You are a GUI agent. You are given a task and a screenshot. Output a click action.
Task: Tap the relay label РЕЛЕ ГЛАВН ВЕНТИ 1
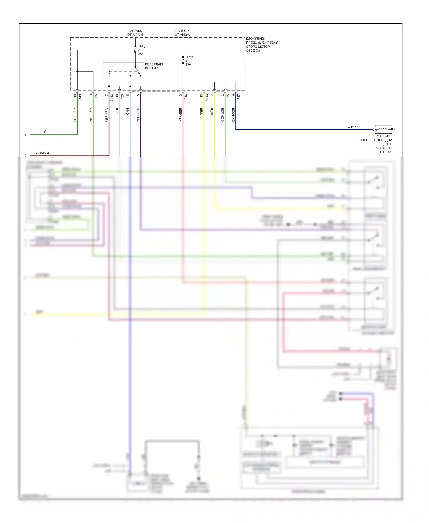pyautogui.click(x=154, y=66)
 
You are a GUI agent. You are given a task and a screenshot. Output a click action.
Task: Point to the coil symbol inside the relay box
pyautogui.click(x=109, y=71)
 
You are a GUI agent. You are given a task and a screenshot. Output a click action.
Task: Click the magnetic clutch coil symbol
pyautogui.click(x=383, y=129)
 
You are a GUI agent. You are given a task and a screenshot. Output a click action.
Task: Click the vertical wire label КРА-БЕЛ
pyautogui.click(x=180, y=114)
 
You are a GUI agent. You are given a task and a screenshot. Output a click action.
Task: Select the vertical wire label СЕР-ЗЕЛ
pyautogui.click(x=223, y=114)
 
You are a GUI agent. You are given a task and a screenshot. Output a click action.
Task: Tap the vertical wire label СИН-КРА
pyautogui.click(x=138, y=115)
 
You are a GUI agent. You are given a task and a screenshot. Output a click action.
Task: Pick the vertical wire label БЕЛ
pyautogui.click(x=117, y=111)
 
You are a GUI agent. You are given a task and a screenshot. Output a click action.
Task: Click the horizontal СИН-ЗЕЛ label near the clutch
pyautogui.click(x=353, y=127)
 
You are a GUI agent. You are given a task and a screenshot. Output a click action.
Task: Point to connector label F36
pyautogui.click(x=186, y=97)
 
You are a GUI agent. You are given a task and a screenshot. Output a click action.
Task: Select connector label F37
pyautogui.click(x=239, y=97)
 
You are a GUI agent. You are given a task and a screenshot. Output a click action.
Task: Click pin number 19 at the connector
pyautogui.click(x=75, y=96)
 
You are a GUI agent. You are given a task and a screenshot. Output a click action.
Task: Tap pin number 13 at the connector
pyautogui.click(x=201, y=96)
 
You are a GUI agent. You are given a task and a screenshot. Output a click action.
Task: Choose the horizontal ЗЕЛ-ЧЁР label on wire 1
pyautogui.click(x=42, y=132)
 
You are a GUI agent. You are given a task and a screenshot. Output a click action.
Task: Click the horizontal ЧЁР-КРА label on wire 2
pyautogui.click(x=42, y=153)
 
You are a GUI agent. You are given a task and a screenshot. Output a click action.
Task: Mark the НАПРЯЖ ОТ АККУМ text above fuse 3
pyautogui.click(x=182, y=33)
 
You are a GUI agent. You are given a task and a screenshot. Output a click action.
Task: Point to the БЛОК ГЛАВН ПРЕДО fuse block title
pyautogui.click(x=261, y=45)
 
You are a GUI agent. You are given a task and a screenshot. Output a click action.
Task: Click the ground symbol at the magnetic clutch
pyautogui.click(x=394, y=129)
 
